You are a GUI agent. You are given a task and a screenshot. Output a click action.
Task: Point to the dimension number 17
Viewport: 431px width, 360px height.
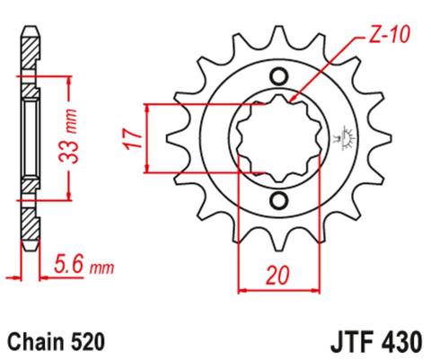pyautogui.click(x=131, y=138)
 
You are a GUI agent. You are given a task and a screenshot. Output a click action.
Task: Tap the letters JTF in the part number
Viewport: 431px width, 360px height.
pyautogui.click(x=340, y=342)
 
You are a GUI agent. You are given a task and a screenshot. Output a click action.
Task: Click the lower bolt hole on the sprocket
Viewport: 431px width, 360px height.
pyautogui.click(x=278, y=199)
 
